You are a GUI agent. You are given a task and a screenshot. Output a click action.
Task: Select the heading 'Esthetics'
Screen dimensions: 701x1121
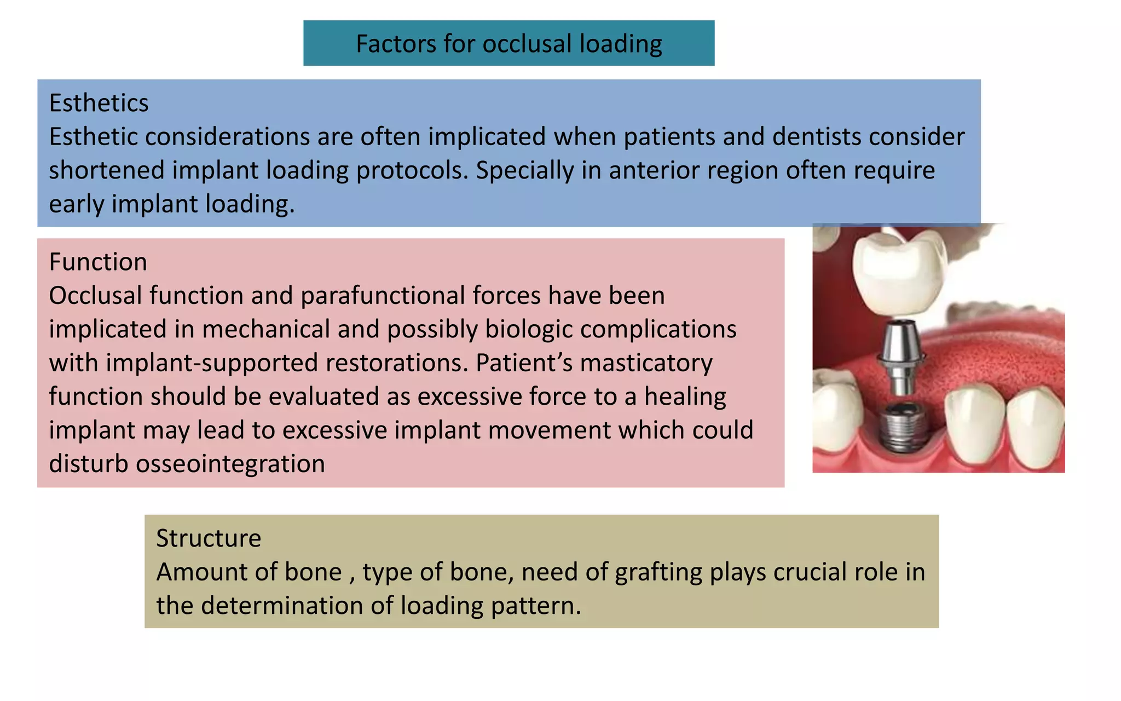99,103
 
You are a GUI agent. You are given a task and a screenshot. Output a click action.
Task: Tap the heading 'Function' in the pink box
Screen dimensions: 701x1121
98,262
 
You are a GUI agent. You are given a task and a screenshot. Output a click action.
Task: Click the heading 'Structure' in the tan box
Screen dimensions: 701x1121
209,538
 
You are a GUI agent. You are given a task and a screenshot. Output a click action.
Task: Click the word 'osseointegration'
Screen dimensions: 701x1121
230,464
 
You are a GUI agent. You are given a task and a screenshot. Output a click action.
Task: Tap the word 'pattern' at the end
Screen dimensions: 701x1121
535,606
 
